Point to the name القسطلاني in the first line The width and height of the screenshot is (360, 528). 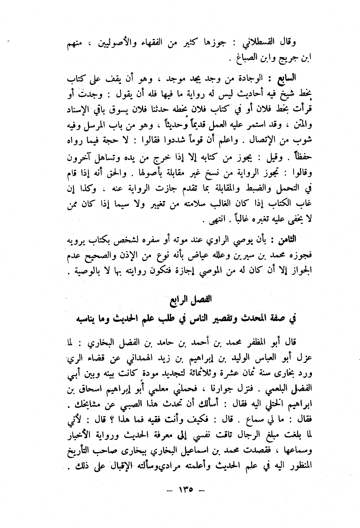click(x=269, y=41)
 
